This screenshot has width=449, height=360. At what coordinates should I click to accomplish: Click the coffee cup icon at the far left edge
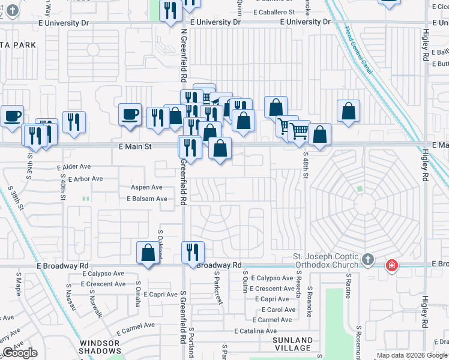tap(12, 116)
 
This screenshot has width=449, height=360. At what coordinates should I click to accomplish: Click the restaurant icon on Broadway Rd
tap(193, 252)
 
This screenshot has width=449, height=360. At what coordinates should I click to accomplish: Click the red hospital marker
tap(391, 265)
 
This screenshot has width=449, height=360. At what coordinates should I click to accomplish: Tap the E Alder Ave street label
tap(74, 167)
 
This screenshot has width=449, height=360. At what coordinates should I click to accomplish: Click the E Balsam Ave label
tap(146, 199)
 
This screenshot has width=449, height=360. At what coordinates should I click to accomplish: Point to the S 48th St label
tap(305, 165)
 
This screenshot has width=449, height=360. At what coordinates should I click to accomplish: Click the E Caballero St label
tap(274, 12)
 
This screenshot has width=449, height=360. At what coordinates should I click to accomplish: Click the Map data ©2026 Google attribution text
tap(411, 355)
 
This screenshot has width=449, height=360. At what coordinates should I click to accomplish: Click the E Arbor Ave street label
tap(85, 179)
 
